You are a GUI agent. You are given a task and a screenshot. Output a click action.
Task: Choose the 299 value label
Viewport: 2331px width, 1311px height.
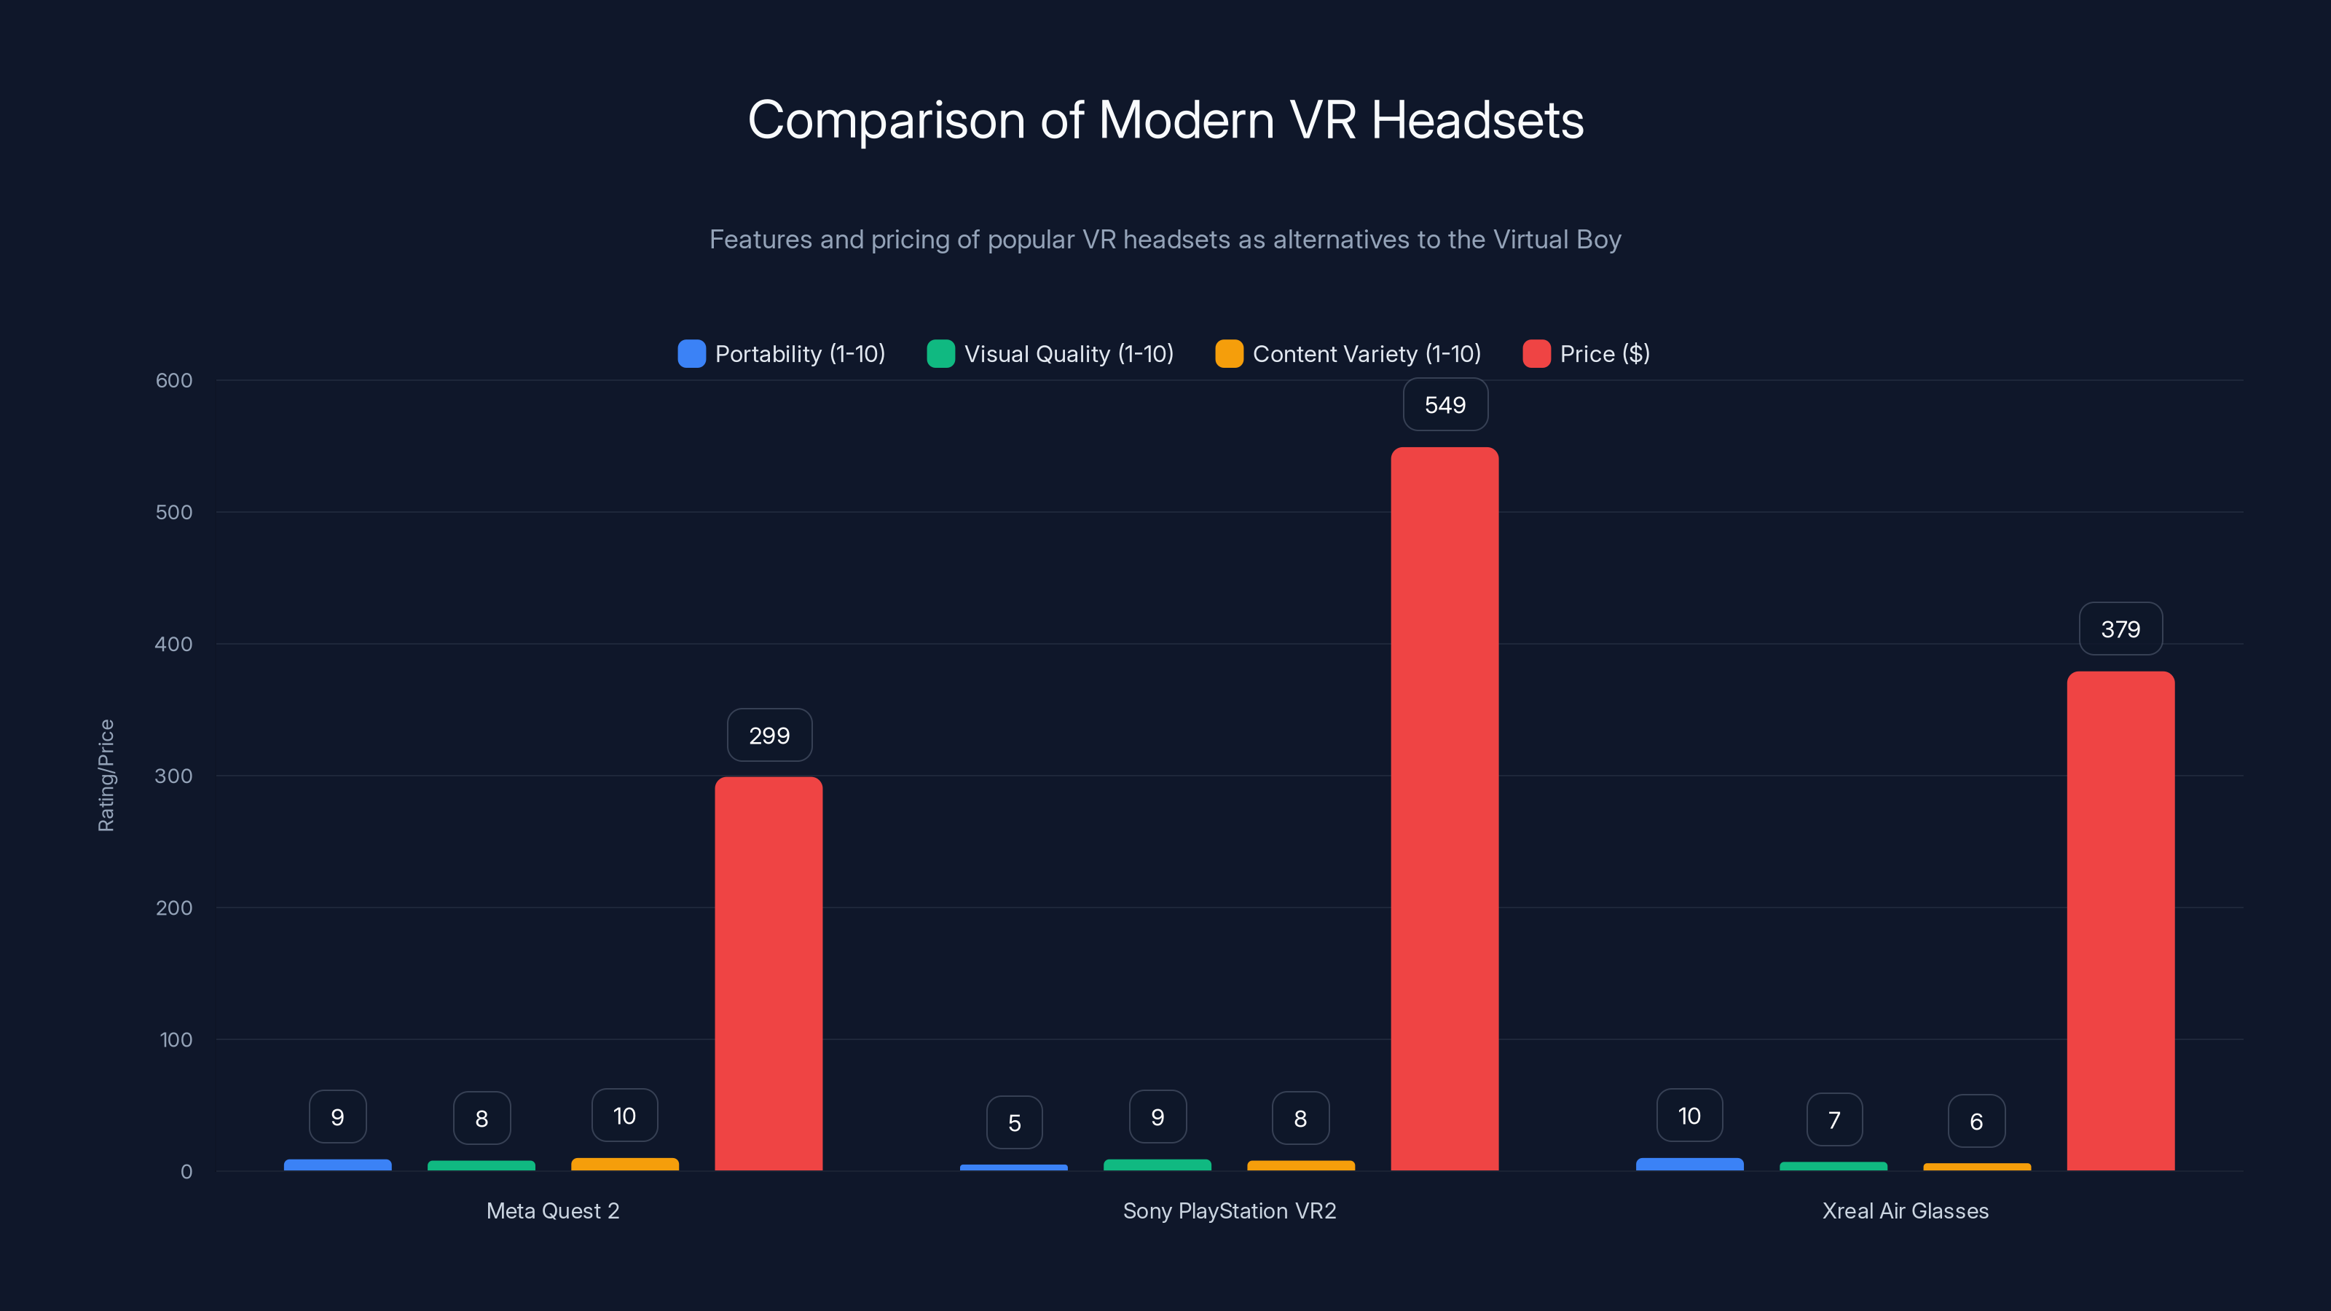769,735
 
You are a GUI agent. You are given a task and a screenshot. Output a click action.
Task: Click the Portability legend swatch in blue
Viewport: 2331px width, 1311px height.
691,354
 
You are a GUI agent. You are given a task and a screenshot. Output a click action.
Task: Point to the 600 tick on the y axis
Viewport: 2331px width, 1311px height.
174,380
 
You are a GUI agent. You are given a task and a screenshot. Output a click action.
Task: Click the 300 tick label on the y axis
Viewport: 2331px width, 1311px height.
174,776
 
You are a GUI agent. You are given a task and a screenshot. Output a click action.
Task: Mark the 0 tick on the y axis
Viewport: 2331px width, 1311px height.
186,1172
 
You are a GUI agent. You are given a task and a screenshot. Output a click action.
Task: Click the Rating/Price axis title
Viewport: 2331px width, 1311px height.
106,776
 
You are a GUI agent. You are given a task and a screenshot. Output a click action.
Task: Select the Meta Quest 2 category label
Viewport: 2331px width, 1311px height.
553,1210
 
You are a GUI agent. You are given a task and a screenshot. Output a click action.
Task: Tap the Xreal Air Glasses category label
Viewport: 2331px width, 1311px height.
1905,1210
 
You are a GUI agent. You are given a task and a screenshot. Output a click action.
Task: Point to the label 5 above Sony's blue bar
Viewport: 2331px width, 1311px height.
1015,1123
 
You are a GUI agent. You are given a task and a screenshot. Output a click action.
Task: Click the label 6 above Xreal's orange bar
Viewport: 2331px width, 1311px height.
1976,1121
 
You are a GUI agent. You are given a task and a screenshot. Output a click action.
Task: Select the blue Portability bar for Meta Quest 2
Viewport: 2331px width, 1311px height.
337,1165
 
